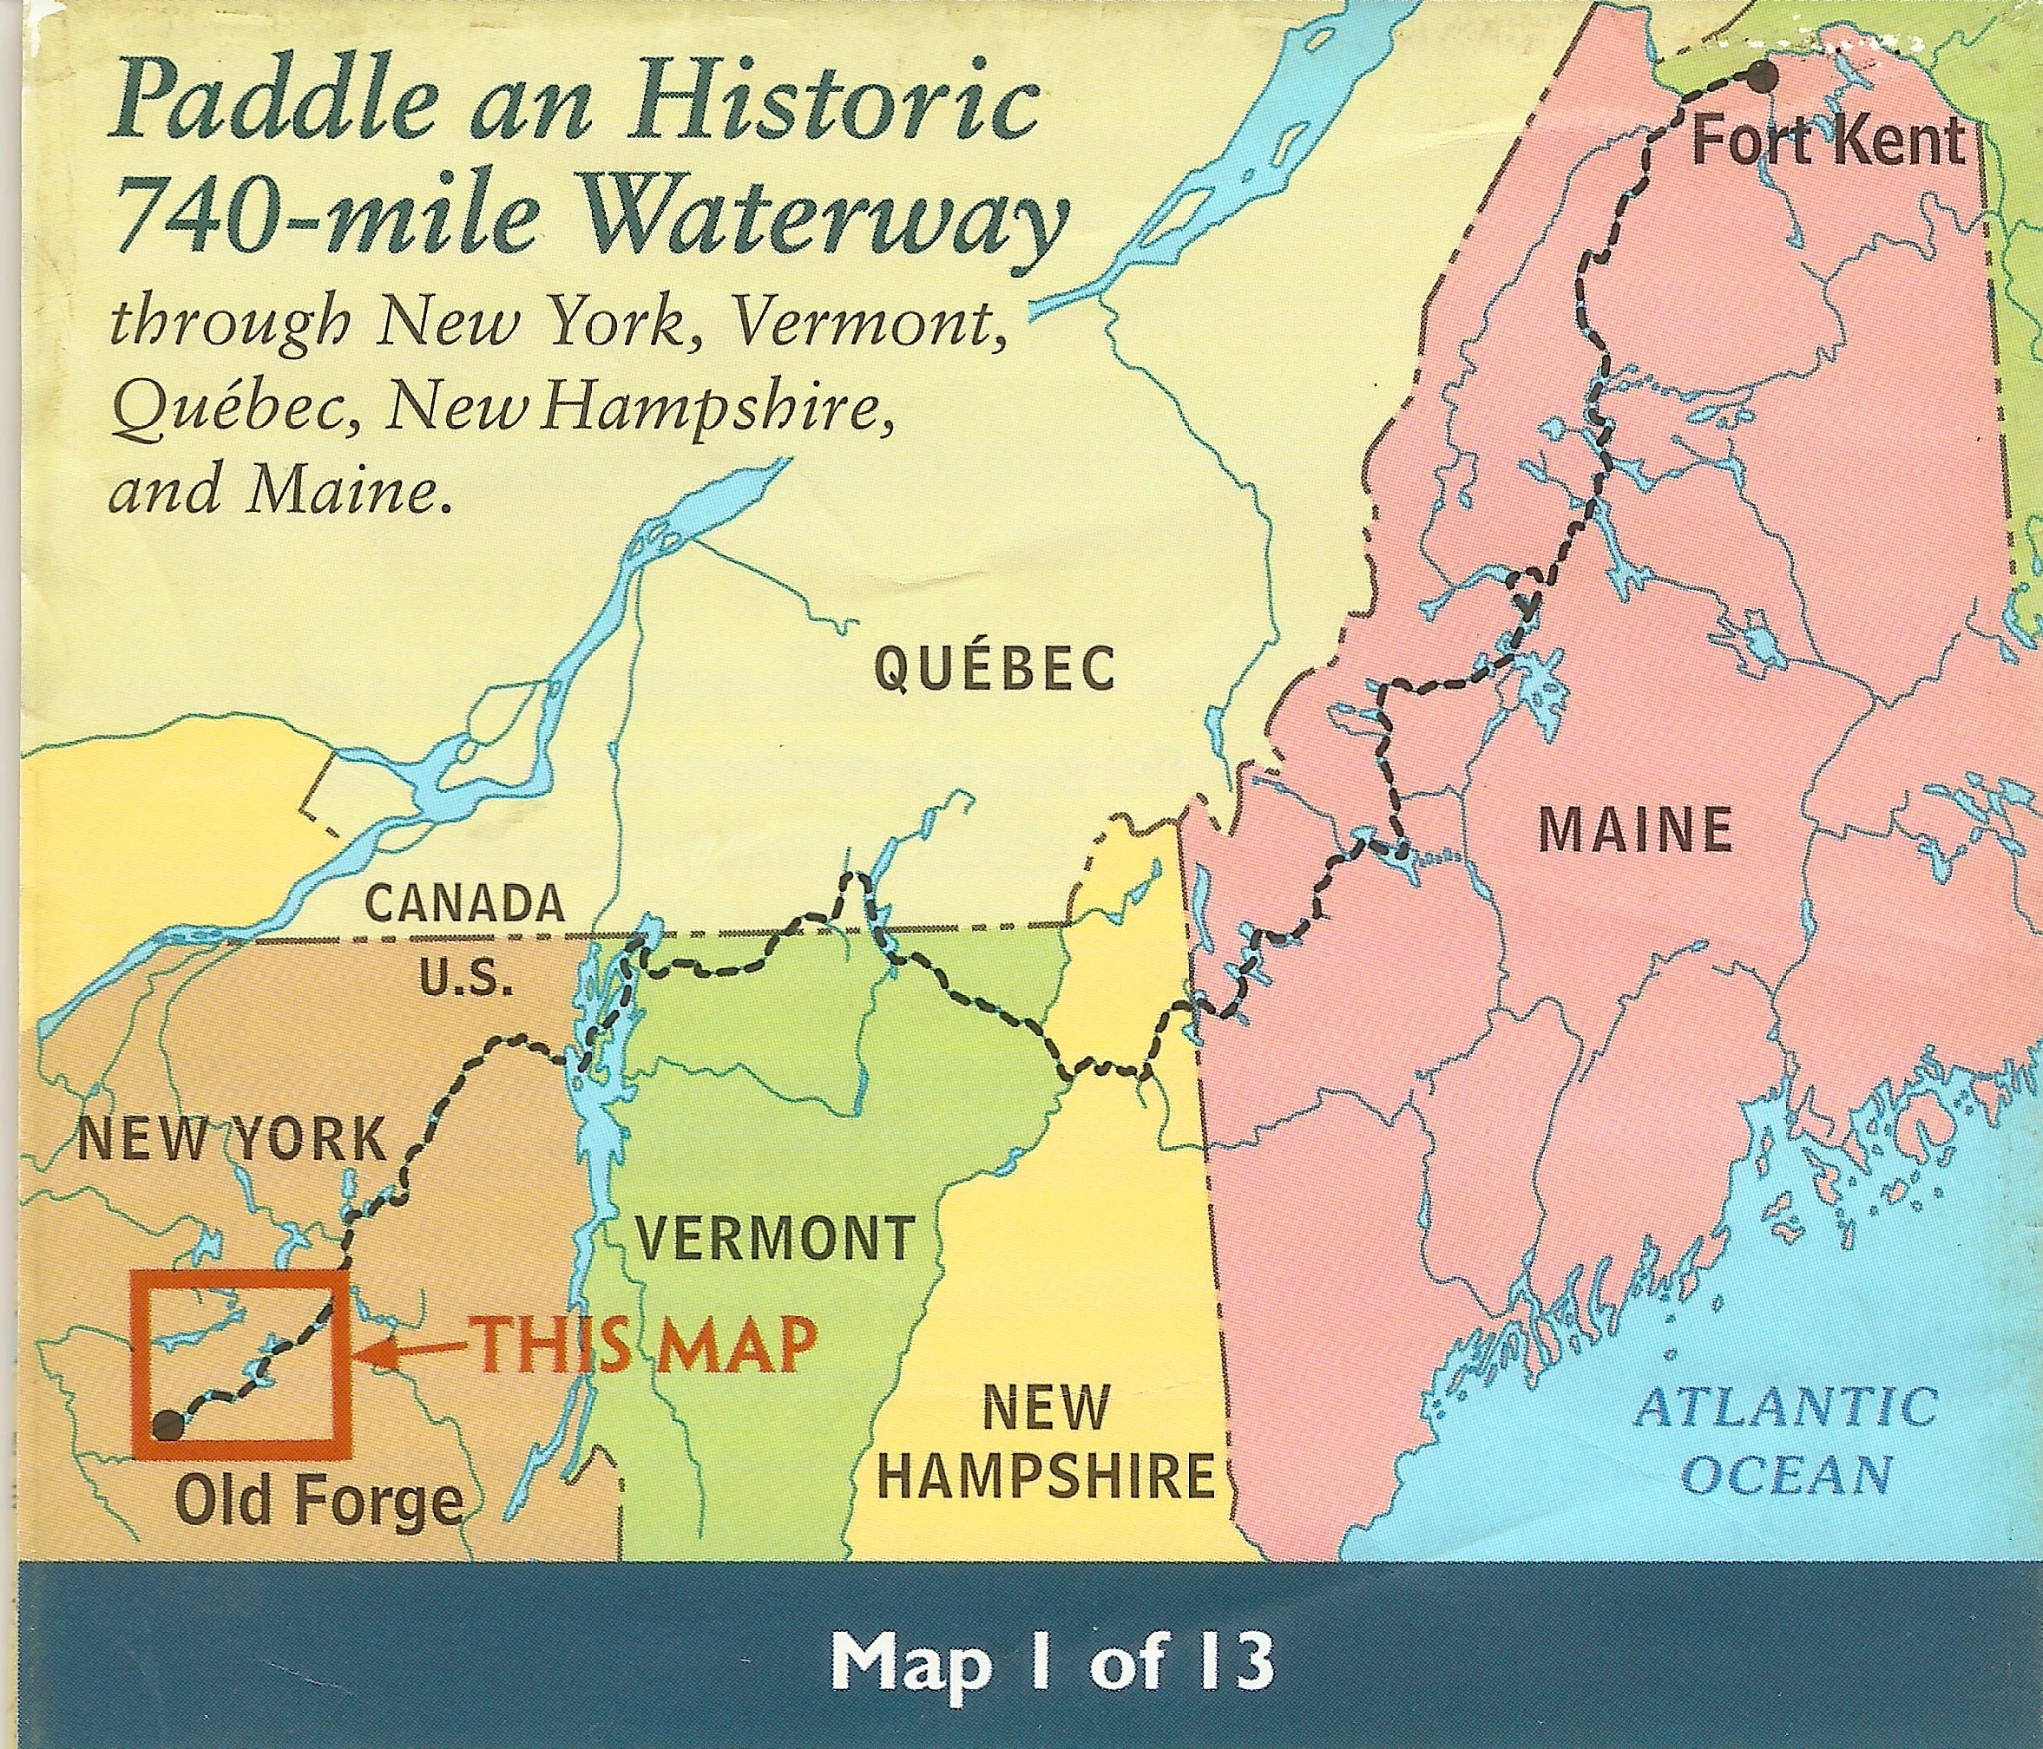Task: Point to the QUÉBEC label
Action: (x=995, y=671)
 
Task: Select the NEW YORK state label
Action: (x=232, y=1140)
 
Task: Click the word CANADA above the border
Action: (x=464, y=906)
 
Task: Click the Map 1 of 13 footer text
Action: (x=1051, y=1662)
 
